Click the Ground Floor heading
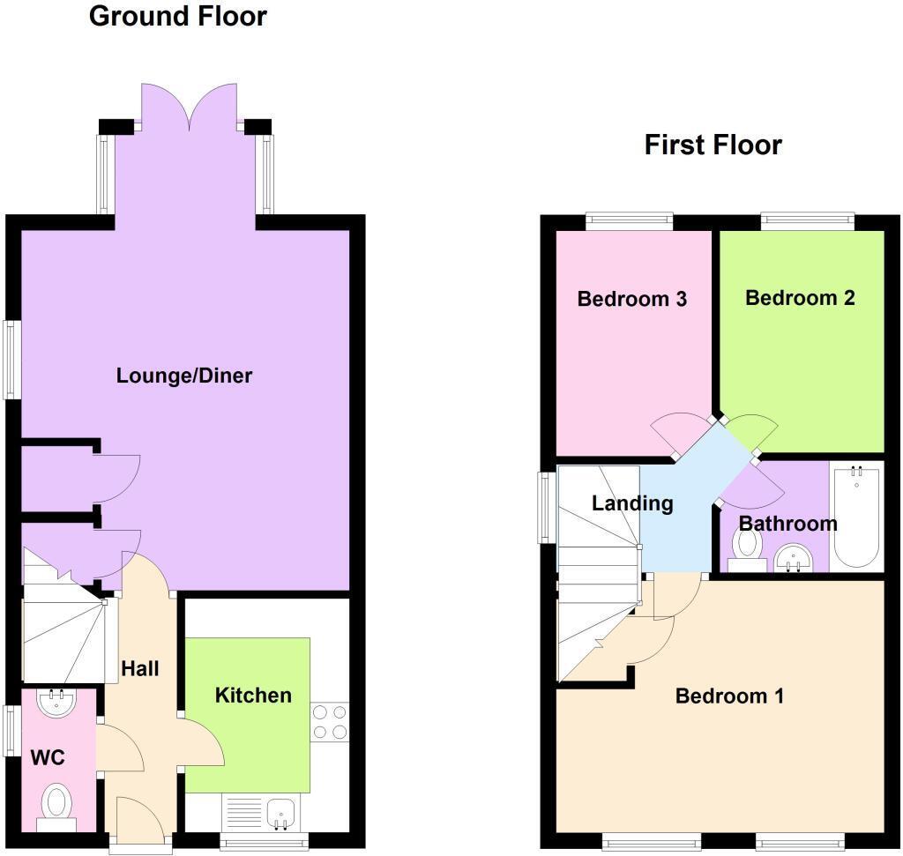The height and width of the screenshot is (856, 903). (x=178, y=16)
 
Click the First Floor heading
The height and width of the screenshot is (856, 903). (x=713, y=145)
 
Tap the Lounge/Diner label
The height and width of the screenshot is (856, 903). (x=184, y=376)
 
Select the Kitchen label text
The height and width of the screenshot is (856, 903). (x=253, y=696)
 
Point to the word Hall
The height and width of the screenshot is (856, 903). (x=140, y=669)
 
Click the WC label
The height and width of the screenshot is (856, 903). (x=49, y=757)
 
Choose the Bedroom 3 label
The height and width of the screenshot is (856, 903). (x=631, y=299)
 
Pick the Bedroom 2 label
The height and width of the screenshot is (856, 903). (x=800, y=298)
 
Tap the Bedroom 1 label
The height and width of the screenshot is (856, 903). (x=729, y=696)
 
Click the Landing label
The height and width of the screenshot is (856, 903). (x=632, y=503)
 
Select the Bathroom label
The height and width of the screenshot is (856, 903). (x=787, y=524)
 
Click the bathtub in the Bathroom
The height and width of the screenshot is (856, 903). (x=856, y=517)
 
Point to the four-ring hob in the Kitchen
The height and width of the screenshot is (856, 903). (x=329, y=721)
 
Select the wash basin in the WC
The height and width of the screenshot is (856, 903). (x=58, y=702)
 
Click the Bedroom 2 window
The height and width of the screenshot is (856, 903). (x=807, y=220)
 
